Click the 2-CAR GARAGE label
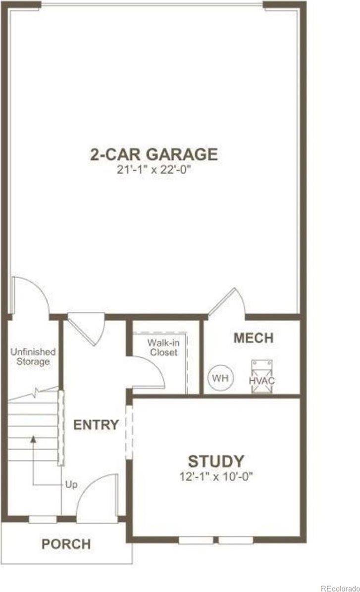[x=154, y=154]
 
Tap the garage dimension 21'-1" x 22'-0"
[x=154, y=170]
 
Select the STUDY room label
[x=216, y=461]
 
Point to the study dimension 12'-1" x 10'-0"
[x=216, y=477]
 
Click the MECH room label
[x=253, y=338]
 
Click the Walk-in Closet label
[x=162, y=347]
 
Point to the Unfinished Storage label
[x=33, y=356]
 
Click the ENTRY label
[x=96, y=425]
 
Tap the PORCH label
[x=66, y=544]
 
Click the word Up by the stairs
[x=71, y=484]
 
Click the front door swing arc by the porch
[x=97, y=495]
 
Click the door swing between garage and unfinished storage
[x=30, y=296]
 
